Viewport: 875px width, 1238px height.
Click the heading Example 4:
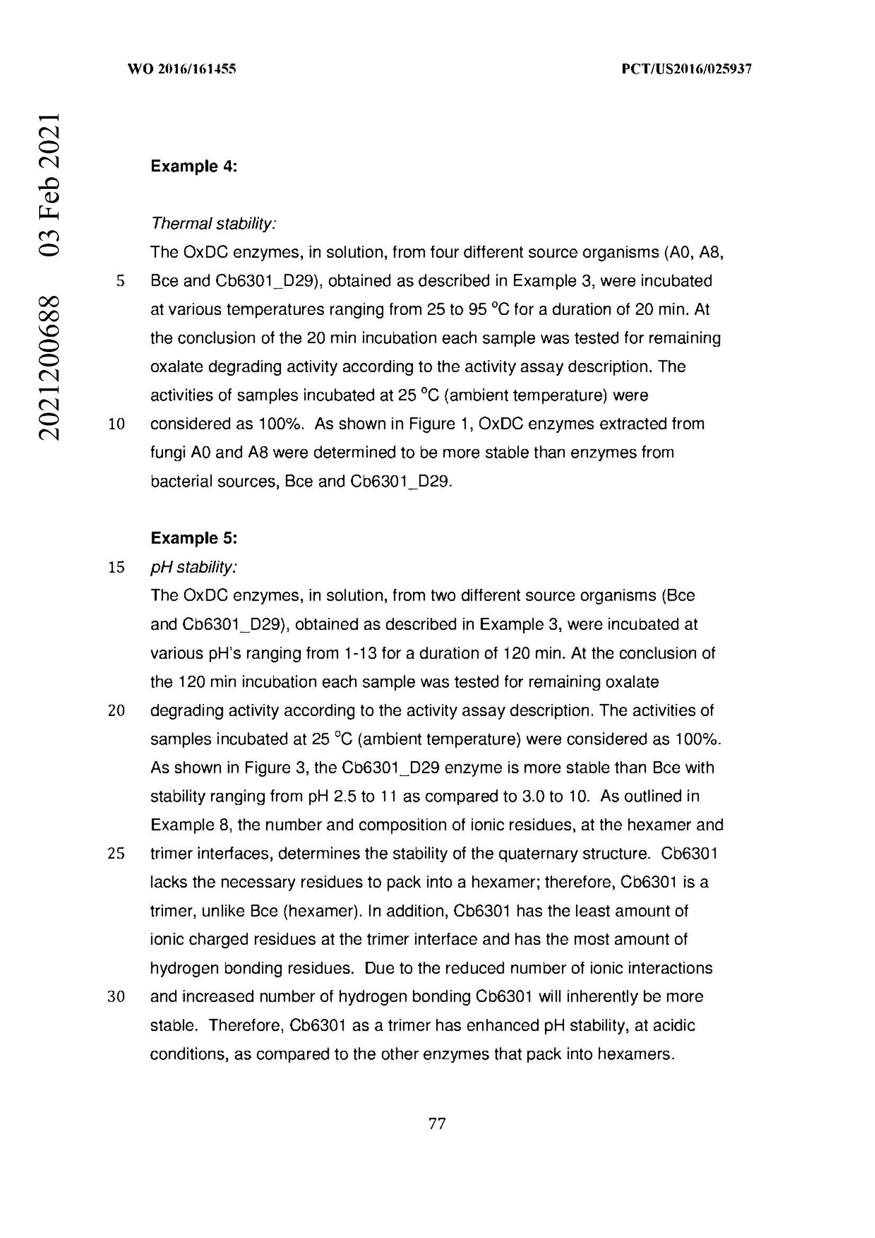tap(194, 166)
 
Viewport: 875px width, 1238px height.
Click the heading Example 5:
tap(194, 538)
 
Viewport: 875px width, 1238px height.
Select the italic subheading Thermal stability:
tap(213, 223)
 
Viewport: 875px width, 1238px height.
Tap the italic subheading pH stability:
tap(194, 567)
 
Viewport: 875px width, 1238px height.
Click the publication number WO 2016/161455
tap(182, 69)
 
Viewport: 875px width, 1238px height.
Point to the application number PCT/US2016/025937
tap(687, 69)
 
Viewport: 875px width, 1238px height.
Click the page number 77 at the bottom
tap(437, 1123)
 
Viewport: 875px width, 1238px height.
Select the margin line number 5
tap(120, 281)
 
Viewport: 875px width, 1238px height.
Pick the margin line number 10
tap(116, 424)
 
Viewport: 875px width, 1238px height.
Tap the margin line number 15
tap(116, 567)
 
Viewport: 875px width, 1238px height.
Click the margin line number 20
tap(116, 711)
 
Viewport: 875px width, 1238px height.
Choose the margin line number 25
tap(116, 854)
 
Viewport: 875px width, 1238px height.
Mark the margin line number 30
tap(116, 997)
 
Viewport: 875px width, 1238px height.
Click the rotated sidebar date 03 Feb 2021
tap(49, 184)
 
